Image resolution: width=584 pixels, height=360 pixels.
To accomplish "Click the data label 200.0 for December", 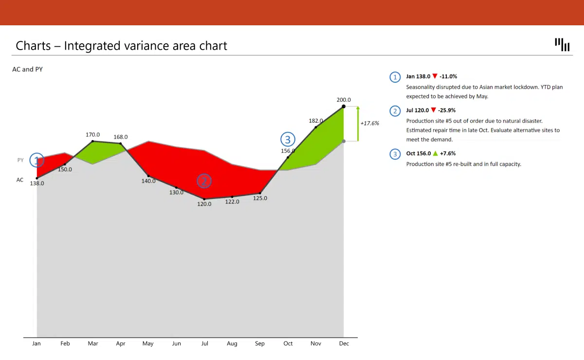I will click(344, 100).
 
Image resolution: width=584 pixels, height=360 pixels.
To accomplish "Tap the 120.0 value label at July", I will click(204, 204).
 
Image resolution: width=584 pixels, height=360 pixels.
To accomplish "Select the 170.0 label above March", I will click(93, 135).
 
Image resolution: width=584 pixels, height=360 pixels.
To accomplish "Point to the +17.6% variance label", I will click(370, 123).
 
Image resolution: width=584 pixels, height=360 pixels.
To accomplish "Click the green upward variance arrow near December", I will click(358, 124).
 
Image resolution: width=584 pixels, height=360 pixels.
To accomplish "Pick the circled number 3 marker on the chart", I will click(288, 140).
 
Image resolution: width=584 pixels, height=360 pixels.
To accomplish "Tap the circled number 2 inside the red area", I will click(204, 181).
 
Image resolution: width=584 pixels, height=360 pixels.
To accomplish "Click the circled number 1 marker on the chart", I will click(36, 160).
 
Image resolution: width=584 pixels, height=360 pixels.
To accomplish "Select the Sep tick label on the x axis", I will click(260, 343).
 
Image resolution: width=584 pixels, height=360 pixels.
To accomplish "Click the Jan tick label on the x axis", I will click(36, 343).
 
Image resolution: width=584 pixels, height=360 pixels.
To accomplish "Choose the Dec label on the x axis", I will click(344, 343).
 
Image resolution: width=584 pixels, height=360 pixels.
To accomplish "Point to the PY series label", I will click(20, 160).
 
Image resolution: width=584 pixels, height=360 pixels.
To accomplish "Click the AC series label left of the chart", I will click(20, 180).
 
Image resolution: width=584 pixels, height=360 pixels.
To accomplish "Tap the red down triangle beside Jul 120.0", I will click(434, 110).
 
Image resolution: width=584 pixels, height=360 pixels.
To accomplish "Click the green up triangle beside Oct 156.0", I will click(435, 154).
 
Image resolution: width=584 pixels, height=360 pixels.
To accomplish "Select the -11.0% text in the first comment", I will click(448, 76).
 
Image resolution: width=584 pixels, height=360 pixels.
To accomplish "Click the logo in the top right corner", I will click(562, 44).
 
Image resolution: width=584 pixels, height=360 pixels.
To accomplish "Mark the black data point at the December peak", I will click(344, 106).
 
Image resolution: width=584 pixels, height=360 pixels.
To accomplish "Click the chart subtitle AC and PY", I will click(27, 70).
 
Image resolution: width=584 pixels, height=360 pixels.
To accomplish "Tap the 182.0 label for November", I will click(315, 120).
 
